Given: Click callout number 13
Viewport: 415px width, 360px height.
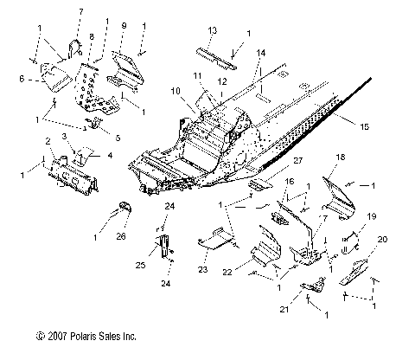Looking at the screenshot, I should pyautogui.click(x=213, y=30).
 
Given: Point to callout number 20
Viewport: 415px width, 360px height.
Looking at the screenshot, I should pyautogui.click(x=383, y=240).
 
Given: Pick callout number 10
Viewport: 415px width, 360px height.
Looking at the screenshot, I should pyautogui.click(x=176, y=90).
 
